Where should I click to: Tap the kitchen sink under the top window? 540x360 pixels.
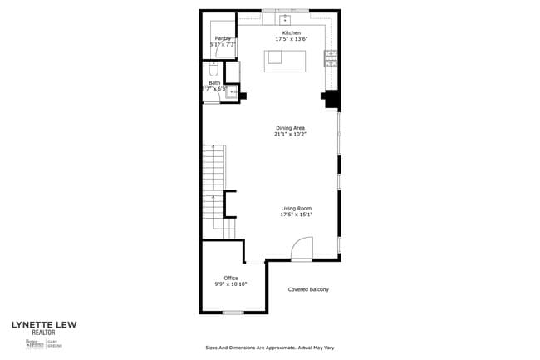point(286,17)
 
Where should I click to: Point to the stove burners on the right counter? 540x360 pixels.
point(331,57)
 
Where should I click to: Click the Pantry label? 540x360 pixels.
point(223,38)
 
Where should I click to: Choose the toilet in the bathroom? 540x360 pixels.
point(214,69)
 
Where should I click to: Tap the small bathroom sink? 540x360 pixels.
point(232,92)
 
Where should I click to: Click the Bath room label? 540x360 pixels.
point(214,83)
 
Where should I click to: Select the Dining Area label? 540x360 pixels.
point(291,128)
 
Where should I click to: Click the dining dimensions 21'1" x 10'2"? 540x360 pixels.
point(291,135)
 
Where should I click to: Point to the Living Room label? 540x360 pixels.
point(296,208)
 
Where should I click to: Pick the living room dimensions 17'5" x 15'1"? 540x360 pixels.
point(296,215)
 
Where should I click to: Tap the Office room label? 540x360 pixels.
point(231,278)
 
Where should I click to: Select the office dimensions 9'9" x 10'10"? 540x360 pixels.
point(231,284)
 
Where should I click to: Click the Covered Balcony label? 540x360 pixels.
point(308,289)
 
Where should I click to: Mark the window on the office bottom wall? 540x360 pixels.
point(233,313)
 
